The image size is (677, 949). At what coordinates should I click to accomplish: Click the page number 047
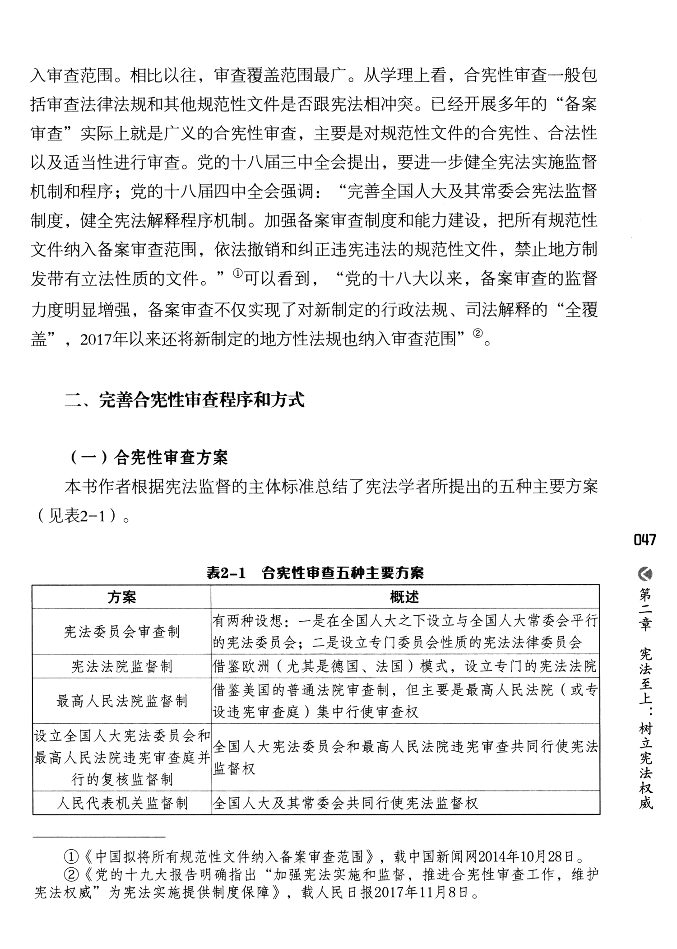[x=645, y=540]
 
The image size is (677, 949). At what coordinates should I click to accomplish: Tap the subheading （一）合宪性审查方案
[x=148, y=458]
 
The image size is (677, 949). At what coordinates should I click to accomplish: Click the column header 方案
[x=122, y=597]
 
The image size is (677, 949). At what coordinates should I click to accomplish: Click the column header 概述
[x=405, y=597]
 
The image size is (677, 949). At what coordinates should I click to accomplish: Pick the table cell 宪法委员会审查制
[x=122, y=631]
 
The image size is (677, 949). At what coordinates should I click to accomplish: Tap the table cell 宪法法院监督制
[x=122, y=666]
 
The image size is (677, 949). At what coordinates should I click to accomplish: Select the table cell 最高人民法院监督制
[x=122, y=701]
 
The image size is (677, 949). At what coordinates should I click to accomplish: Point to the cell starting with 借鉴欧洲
[x=405, y=666]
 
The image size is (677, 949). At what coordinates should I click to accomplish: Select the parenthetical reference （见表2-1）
[x=80, y=516]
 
